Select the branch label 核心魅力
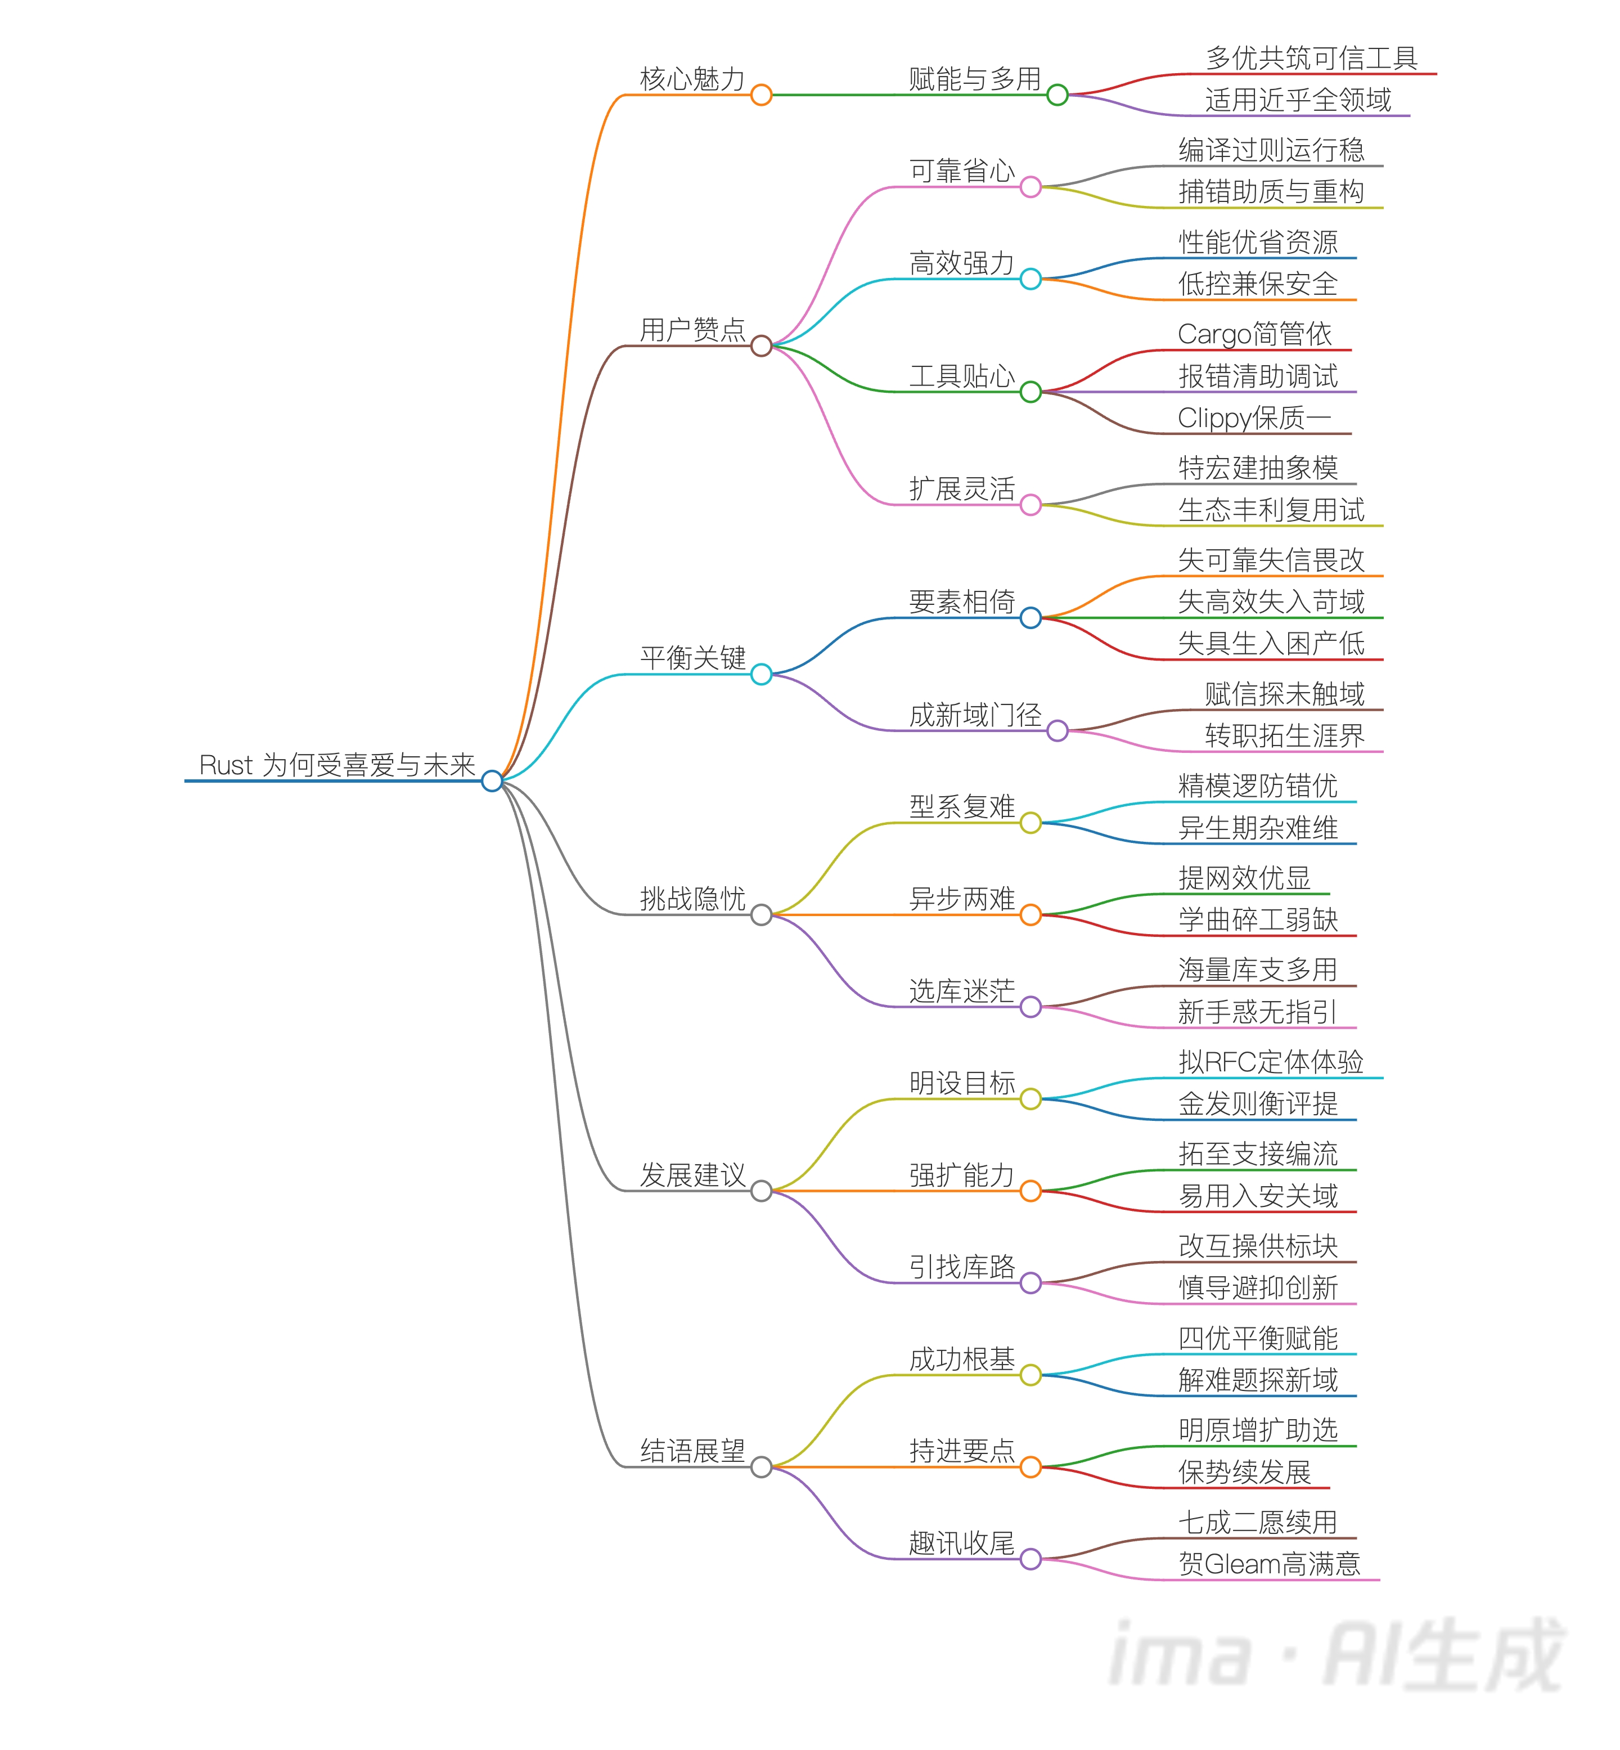pyautogui.click(x=692, y=79)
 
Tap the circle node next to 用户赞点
pyautogui.click(x=761, y=346)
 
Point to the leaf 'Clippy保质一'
pyautogui.click(x=1254, y=418)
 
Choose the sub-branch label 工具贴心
pyautogui.click(x=962, y=376)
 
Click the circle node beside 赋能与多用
pyautogui.click(x=1057, y=95)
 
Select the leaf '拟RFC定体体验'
pyautogui.click(x=1271, y=1062)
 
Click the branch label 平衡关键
pyautogui.click(x=692, y=658)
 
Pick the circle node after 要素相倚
pyautogui.click(x=1031, y=618)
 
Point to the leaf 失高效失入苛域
pyautogui.click(x=1271, y=602)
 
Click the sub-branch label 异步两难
pyautogui.click(x=962, y=899)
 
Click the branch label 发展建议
pyautogui.click(x=692, y=1175)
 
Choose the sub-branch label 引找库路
pyautogui.click(x=962, y=1267)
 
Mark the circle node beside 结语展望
pyautogui.click(x=761, y=1467)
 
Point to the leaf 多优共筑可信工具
pyautogui.click(x=1311, y=58)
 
